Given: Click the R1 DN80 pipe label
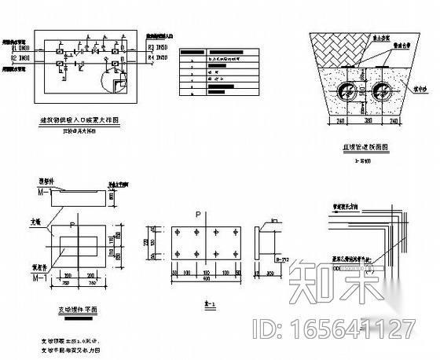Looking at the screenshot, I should click(23, 49).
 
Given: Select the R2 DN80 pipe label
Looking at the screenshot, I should click(23, 57).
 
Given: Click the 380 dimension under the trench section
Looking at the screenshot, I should click(367, 123).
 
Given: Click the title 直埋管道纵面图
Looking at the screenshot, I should click(364, 148).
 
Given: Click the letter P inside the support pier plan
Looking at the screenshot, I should click(72, 226).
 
